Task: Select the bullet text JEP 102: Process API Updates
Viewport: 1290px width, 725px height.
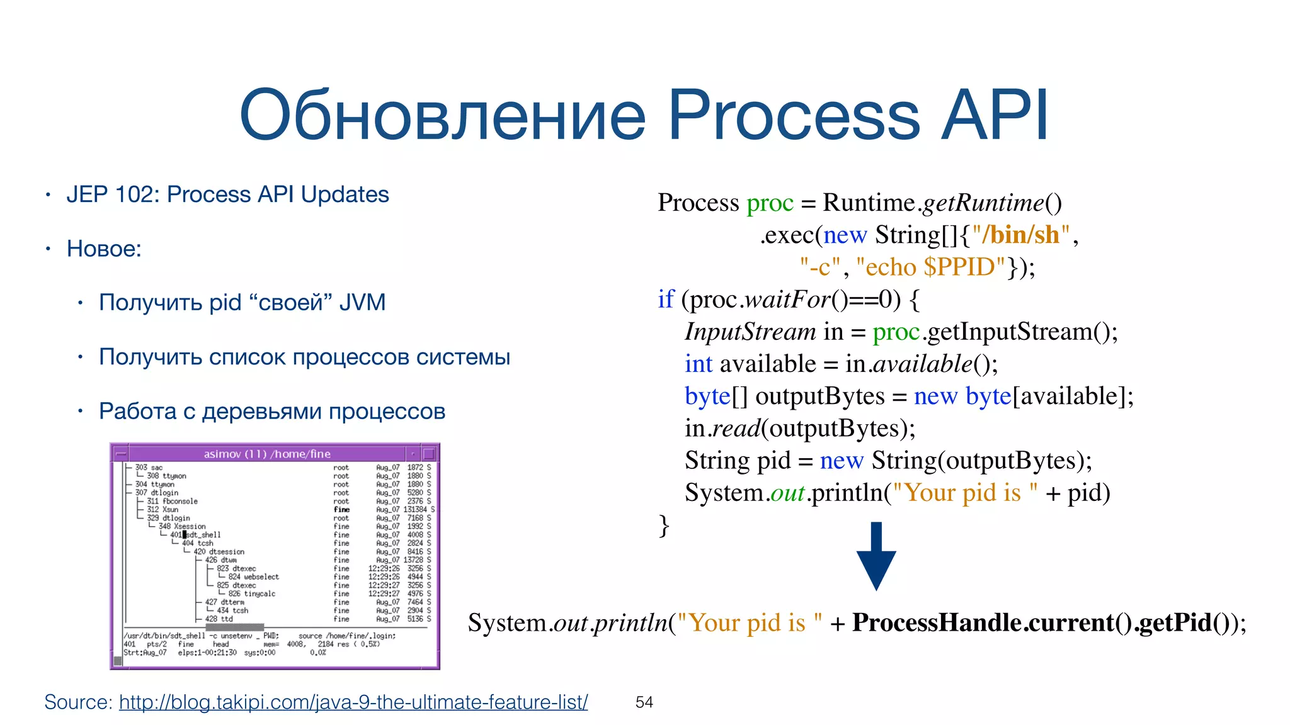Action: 227,194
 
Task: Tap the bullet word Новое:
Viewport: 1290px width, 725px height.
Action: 104,249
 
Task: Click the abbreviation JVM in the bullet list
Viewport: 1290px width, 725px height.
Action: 362,303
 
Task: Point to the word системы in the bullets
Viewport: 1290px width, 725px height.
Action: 463,357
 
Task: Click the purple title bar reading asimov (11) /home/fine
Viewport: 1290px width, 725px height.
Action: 267,454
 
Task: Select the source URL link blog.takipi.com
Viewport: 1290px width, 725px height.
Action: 353,702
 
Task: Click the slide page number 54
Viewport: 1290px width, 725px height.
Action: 644,702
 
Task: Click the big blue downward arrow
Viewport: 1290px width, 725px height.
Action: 876,556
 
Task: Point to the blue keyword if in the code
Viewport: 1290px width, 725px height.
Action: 665,299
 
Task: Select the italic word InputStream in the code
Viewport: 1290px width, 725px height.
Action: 750,332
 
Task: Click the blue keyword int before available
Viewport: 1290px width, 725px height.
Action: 698,364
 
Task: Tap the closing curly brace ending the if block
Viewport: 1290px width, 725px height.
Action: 663,525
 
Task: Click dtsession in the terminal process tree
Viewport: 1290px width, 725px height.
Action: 226,551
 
